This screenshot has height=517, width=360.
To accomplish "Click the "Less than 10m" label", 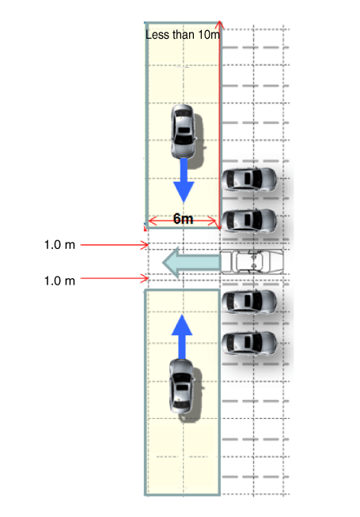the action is (x=183, y=35).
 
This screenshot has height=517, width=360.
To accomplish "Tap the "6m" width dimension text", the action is (x=183, y=219).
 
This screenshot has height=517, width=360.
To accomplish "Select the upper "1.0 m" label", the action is (x=59, y=245).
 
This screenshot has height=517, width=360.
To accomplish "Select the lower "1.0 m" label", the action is (x=59, y=281).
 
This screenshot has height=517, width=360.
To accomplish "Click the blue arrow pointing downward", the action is (x=184, y=180).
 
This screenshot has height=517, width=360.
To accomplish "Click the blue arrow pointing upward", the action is (x=182, y=336).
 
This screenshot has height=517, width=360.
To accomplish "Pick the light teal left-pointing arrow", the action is (x=191, y=262).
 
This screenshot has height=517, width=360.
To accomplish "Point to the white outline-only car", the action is (x=252, y=262).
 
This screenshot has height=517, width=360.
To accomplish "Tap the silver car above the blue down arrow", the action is (x=183, y=131).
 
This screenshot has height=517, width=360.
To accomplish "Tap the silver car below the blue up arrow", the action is (x=181, y=386).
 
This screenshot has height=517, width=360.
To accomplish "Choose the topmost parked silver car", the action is (x=248, y=179).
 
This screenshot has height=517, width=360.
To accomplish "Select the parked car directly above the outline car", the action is (x=248, y=221).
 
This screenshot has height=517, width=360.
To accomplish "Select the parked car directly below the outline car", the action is (x=248, y=302).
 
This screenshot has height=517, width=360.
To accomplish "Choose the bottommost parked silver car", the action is (x=248, y=343).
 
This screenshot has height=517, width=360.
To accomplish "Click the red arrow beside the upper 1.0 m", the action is (x=115, y=245).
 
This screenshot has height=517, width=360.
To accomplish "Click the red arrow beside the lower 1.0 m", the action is (x=115, y=278).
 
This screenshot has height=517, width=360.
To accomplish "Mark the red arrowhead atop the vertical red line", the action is (x=220, y=23).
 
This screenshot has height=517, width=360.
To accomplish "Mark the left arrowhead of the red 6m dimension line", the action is (x=151, y=221).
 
